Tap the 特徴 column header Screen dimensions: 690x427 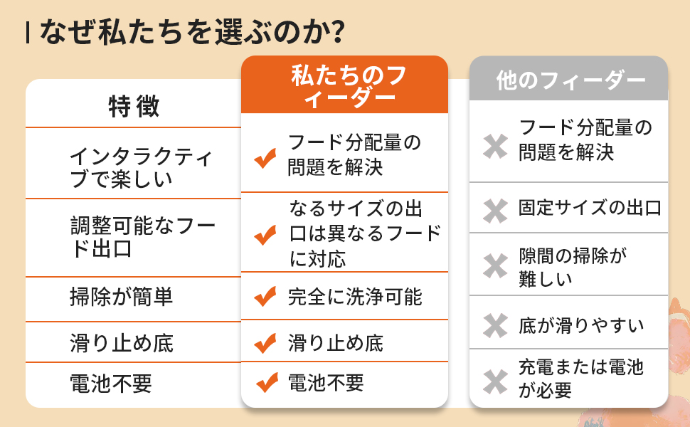[134, 106]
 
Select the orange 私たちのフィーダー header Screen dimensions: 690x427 [344, 85]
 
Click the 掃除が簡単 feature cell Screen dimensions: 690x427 [122, 297]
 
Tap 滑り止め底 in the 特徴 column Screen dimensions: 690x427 [122, 343]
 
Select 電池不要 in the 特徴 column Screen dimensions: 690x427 [111, 384]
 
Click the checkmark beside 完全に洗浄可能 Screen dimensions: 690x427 [265, 297]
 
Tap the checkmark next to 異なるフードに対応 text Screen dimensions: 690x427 [265, 234]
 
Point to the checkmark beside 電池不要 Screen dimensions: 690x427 [265, 384]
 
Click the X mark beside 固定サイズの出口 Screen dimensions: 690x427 [494, 209]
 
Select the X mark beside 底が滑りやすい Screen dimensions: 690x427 [494, 325]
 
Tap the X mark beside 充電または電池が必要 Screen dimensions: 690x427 [494, 380]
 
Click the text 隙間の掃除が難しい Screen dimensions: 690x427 [573, 267]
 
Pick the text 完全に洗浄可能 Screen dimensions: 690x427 [355, 297]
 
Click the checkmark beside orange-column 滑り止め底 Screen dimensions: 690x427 [265, 344]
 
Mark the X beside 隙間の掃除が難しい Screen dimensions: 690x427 [494, 266]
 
